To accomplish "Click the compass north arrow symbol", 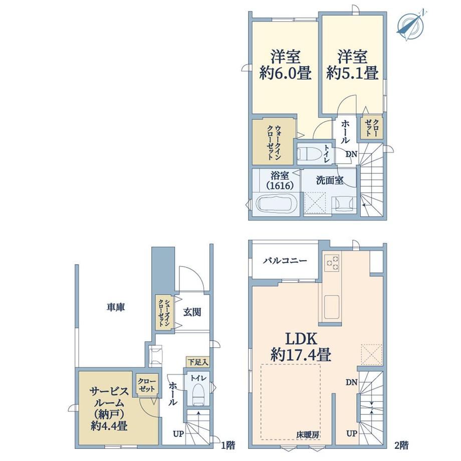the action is [411, 25].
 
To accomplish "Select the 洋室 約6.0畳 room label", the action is [285, 65].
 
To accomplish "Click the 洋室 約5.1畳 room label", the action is [352, 65].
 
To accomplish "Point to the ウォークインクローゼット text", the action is [274, 142].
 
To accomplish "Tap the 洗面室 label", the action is [330, 180].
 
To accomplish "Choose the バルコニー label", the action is [285, 261].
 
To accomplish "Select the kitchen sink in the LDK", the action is [332, 307].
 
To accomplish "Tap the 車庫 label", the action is [116, 307].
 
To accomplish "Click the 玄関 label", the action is [192, 312].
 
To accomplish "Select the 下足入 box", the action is [197, 362].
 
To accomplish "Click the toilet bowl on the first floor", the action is [199, 394].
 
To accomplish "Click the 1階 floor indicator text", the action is [228, 445].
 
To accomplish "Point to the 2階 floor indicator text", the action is [401, 445].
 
